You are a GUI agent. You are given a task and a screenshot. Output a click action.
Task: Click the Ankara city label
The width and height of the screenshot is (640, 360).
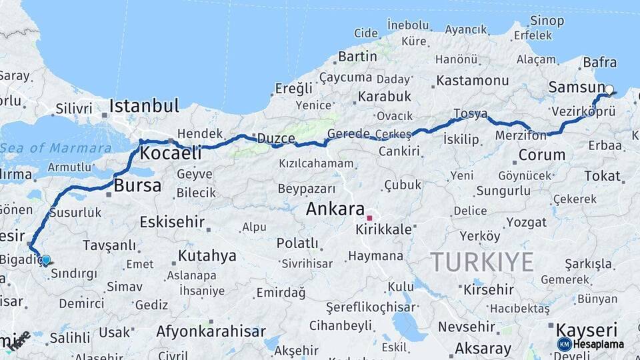point(335,209)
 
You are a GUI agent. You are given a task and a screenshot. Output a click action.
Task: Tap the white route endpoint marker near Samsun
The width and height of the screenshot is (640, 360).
point(609,89)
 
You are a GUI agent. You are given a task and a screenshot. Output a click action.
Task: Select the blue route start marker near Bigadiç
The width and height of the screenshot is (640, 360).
point(45,260)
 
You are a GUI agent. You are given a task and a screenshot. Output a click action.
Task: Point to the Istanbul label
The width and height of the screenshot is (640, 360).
point(144,105)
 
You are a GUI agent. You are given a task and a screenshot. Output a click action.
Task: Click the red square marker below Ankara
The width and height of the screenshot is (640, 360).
point(369,218)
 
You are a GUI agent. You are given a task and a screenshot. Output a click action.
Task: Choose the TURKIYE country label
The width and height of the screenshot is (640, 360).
point(482,262)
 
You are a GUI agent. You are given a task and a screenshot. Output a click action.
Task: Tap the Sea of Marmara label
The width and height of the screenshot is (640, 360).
point(56,148)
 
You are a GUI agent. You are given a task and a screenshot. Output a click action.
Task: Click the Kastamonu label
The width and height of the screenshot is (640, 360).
point(473,81)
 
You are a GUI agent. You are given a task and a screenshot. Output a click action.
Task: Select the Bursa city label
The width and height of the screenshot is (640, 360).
point(137,185)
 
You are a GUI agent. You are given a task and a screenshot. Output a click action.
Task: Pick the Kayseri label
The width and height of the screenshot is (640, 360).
point(587,329)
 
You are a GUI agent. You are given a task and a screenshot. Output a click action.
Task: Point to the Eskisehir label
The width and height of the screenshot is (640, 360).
point(172,222)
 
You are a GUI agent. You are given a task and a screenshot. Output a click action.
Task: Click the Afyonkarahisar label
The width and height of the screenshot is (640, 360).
point(211,331)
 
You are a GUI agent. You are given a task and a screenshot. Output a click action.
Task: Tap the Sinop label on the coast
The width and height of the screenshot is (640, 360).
point(547,21)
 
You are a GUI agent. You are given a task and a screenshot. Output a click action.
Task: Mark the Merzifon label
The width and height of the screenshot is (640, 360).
point(521,135)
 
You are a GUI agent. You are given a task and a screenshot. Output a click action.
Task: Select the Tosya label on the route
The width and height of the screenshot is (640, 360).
point(470,113)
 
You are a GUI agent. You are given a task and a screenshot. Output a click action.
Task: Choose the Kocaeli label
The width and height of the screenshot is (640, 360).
point(171,153)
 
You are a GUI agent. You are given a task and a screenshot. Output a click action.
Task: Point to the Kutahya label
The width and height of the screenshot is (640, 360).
point(207,255)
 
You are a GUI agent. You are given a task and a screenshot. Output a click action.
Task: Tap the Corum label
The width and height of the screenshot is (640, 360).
point(541,155)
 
